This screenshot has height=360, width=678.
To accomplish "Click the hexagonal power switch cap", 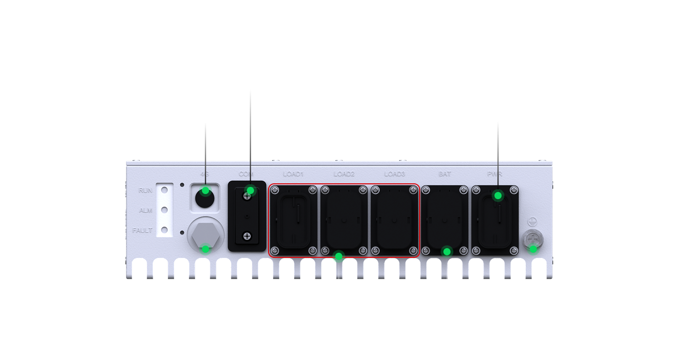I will pos(205,237).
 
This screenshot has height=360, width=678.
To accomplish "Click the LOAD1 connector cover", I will pos(294,220).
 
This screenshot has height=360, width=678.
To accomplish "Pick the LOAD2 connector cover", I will pos(344,220).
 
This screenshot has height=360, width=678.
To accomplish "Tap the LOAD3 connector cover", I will pos(394,220).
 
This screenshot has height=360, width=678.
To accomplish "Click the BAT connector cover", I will pos(444,220).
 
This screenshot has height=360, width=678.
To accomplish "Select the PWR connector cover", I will pos(495,220).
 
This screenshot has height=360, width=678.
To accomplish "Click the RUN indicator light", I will pos(164,190).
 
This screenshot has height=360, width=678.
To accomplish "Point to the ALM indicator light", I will pos(164,210).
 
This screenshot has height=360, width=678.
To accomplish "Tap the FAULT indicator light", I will pos(164,230).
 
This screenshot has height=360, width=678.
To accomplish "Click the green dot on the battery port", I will pos(447,251).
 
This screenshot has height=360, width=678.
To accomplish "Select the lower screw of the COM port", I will pos(247,236).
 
